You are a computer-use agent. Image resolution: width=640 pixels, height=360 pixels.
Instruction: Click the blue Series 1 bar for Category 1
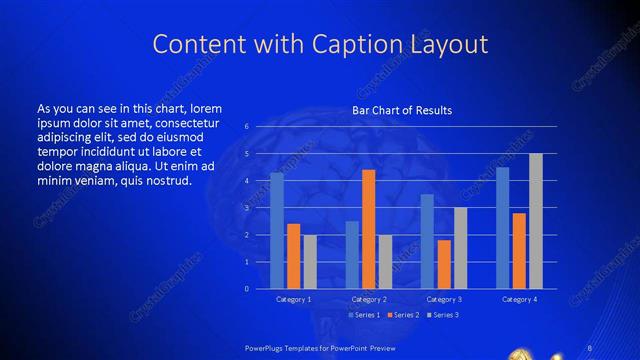click(277, 230)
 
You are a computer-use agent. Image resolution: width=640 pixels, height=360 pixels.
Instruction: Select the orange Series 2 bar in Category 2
click(369, 229)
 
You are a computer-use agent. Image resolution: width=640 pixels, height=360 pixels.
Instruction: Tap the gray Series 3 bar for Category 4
click(536, 221)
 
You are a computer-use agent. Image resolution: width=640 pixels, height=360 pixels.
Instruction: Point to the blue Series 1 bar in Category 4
click(502, 228)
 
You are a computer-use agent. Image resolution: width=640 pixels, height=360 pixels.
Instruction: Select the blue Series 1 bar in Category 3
click(427, 241)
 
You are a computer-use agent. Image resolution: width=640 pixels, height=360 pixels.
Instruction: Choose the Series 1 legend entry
click(363, 315)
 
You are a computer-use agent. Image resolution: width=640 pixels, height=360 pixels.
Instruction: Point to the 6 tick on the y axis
click(247, 127)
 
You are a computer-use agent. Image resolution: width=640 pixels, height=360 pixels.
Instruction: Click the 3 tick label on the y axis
click(247, 208)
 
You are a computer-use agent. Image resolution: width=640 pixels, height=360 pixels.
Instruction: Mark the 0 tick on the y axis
click(247, 289)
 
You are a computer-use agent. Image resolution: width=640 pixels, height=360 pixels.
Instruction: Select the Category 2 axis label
click(369, 299)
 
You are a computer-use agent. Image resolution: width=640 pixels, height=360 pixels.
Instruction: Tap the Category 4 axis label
click(519, 299)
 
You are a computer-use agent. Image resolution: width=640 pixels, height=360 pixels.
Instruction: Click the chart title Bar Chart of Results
click(402, 110)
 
